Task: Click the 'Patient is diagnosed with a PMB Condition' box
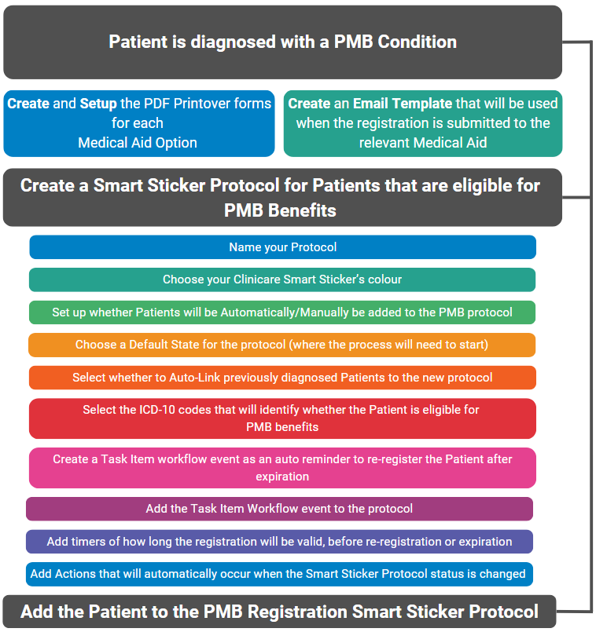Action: tap(282, 42)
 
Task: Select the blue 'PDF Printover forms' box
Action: tap(138, 123)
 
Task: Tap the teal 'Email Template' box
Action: tap(422, 123)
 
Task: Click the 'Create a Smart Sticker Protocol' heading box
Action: tap(282, 198)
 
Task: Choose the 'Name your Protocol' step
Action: tap(282, 247)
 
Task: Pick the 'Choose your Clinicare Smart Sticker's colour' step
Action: tap(282, 279)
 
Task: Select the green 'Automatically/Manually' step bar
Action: tap(282, 312)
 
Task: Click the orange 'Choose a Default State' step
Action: tap(282, 345)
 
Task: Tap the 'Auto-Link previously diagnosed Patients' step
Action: tap(282, 378)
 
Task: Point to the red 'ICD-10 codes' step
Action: tap(282, 418)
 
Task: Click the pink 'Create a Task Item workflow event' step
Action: tap(282, 468)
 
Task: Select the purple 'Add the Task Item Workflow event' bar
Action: tap(279, 509)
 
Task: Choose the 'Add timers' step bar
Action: tap(279, 542)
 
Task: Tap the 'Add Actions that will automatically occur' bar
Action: tap(279, 574)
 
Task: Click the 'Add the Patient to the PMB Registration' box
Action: tap(279, 612)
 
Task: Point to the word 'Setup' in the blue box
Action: tap(98, 104)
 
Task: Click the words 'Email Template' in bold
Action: tap(402, 104)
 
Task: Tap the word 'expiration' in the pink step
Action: tap(282, 477)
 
